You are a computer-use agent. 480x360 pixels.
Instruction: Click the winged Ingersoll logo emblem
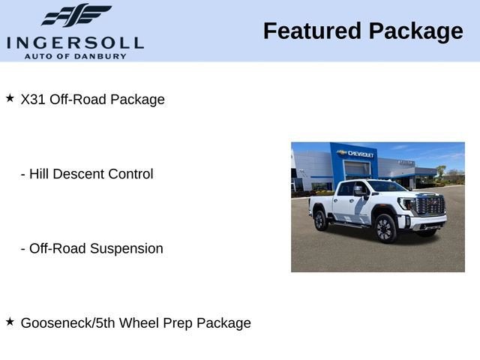point(76,15)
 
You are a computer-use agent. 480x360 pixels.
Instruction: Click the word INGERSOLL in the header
point(75,43)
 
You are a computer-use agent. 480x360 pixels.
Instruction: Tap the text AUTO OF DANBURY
point(75,56)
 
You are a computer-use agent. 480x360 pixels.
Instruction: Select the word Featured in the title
point(312,31)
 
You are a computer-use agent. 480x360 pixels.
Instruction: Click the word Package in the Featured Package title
point(415,32)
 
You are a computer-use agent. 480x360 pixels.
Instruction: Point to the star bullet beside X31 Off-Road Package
point(10,98)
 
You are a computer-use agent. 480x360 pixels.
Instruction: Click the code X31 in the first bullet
point(33,99)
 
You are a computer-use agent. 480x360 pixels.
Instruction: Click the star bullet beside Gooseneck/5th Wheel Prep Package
point(10,322)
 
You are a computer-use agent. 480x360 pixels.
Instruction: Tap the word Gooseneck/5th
point(68,323)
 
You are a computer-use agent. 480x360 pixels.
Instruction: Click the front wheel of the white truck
point(385,228)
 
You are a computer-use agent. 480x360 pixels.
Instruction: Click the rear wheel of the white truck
point(320,220)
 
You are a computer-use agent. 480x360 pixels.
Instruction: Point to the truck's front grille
point(430,205)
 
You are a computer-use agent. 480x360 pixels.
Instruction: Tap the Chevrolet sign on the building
point(355,153)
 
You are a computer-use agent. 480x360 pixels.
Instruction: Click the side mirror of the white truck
point(358,191)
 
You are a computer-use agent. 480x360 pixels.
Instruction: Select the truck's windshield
point(386,186)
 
